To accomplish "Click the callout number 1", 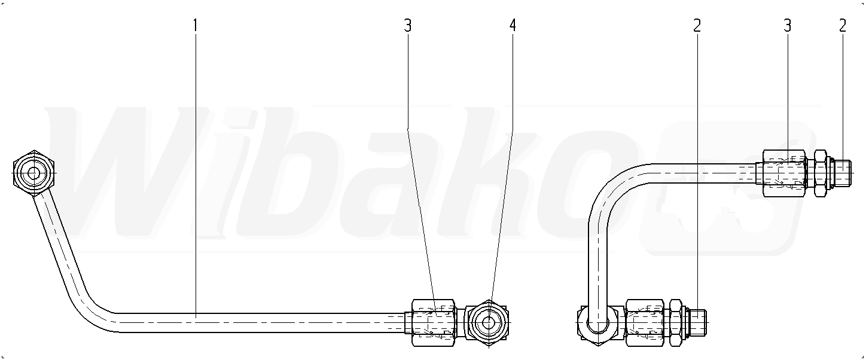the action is pos(195,26).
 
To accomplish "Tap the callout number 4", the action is pos(513,26).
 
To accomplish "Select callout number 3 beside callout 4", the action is pos(407,26).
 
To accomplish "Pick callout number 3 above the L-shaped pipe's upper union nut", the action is pos(788,26).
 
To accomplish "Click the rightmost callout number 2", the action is pos(843,26).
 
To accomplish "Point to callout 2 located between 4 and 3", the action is pos(697,26).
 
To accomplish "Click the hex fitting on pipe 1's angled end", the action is pos(33,173).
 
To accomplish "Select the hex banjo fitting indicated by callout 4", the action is pos(488,323).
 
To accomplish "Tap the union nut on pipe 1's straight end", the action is pos(434,323).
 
